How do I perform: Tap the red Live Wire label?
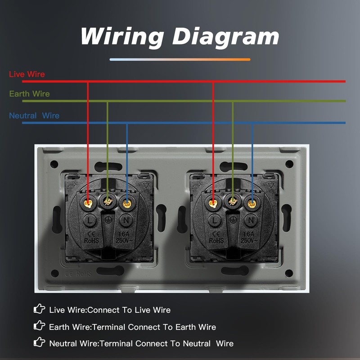[27, 74]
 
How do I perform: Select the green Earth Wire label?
[29, 94]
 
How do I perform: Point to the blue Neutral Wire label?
[34, 116]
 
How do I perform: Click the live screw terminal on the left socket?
[88, 202]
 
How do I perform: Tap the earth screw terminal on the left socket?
[108, 201]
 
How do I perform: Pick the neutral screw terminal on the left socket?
[127, 202]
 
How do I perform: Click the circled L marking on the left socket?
[90, 220]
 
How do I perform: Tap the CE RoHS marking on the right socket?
[216, 237]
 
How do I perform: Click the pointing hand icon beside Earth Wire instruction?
[40, 326]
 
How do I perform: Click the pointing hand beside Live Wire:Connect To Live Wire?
[40, 309]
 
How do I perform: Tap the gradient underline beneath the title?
[180, 59]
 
